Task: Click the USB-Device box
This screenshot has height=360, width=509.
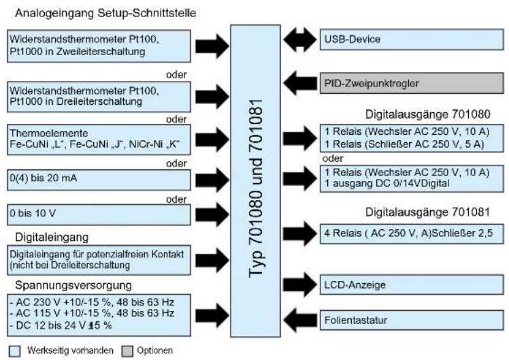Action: [x=412, y=39]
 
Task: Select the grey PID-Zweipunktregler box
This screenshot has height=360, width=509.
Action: [x=412, y=84]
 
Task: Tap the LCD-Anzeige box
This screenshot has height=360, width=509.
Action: [x=412, y=284]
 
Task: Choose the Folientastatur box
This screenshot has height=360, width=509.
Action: [x=412, y=321]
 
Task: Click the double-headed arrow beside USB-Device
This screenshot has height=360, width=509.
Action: [x=299, y=39]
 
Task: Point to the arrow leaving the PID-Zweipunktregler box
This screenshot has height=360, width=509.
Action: [x=300, y=83]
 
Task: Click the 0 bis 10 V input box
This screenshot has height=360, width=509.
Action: [x=99, y=214]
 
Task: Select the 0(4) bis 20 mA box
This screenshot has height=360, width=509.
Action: [x=99, y=180]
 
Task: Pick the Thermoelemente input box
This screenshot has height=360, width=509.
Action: [x=99, y=140]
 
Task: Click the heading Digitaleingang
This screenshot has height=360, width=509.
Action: [x=52, y=238]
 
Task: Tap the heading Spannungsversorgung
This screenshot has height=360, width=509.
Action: [x=73, y=285]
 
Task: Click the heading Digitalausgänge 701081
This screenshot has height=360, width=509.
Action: [x=427, y=212]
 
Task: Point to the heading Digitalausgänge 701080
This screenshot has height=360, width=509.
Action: [x=427, y=114]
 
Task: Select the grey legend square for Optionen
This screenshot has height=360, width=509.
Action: [x=127, y=351]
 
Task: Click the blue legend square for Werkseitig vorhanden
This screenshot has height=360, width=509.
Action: [x=14, y=351]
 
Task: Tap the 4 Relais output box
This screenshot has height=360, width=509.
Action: [x=412, y=233]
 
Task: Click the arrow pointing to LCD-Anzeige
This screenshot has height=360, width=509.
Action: [x=300, y=284]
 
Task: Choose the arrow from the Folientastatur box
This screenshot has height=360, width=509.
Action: [x=300, y=321]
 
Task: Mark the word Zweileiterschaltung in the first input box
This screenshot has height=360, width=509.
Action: [x=101, y=52]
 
